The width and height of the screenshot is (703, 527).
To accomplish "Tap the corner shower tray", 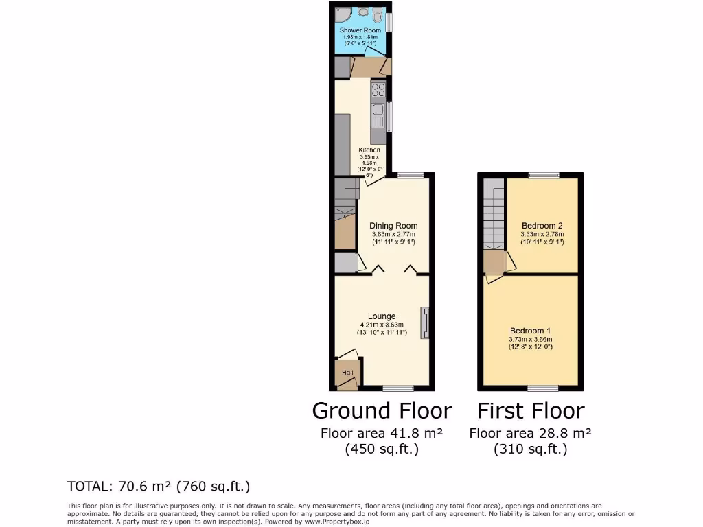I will point(343,16).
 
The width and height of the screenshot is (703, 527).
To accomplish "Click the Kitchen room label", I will point(369,150).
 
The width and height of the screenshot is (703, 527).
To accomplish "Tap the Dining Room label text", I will point(393,226).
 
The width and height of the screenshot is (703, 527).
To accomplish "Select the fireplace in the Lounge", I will point(425,323).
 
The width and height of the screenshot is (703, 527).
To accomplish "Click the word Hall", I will point(348,373).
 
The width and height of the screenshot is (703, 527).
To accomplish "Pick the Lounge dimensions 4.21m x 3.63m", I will point(382,325).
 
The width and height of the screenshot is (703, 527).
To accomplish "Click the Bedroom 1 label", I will point(531,331).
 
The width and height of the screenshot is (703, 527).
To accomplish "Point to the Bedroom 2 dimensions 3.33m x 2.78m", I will point(542,234).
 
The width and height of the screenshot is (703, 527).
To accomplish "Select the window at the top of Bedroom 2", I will point(543,176).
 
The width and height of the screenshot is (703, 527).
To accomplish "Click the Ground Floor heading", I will point(382,411).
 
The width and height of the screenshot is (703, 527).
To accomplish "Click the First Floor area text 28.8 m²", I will point(530,434).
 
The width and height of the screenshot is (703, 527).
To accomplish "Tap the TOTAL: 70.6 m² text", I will point(159,487).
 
